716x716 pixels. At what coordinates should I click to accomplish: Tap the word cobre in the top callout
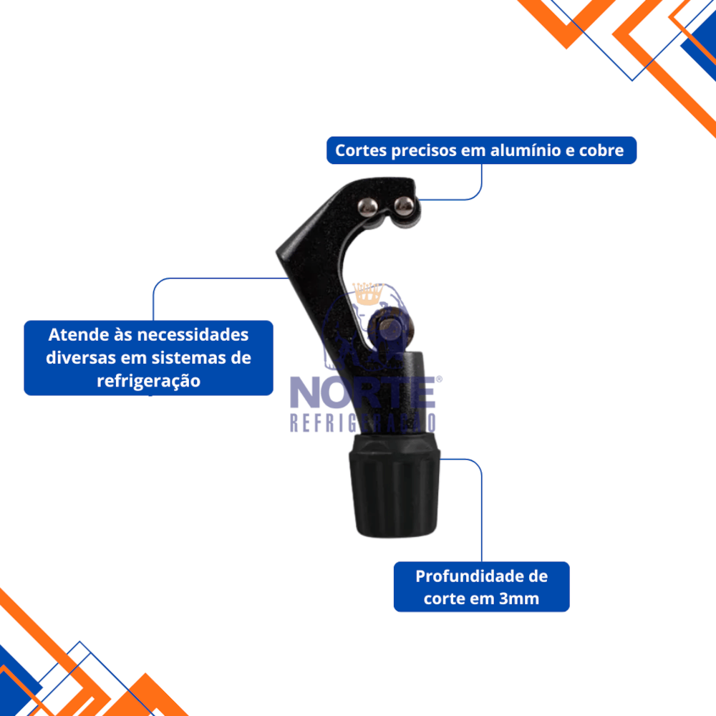[601, 150]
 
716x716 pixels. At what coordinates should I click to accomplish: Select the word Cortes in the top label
[361, 150]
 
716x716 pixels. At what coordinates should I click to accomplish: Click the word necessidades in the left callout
[193, 334]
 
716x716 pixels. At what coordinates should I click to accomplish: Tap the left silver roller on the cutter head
[367, 206]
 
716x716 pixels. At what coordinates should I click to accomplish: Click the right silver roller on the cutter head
[404, 205]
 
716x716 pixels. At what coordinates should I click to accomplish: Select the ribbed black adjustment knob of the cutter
[395, 486]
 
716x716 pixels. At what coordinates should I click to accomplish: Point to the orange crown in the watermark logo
[368, 293]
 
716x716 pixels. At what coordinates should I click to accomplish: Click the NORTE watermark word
[362, 392]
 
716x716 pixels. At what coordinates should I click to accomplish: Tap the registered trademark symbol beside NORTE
[439, 379]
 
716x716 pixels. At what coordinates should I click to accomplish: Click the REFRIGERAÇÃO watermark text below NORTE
[362, 423]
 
